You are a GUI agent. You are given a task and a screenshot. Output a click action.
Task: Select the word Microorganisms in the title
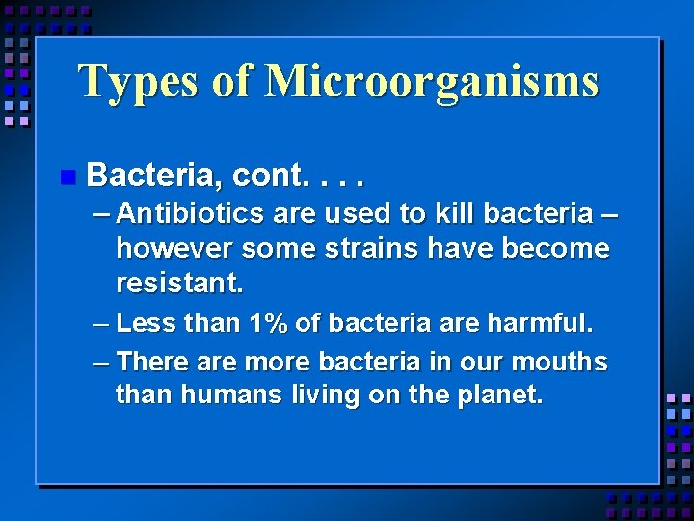(x=431, y=82)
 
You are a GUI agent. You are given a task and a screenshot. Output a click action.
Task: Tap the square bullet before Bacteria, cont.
(x=66, y=177)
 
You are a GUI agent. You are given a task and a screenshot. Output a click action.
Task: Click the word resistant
(x=179, y=284)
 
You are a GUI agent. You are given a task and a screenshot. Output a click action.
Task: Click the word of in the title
(x=230, y=82)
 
